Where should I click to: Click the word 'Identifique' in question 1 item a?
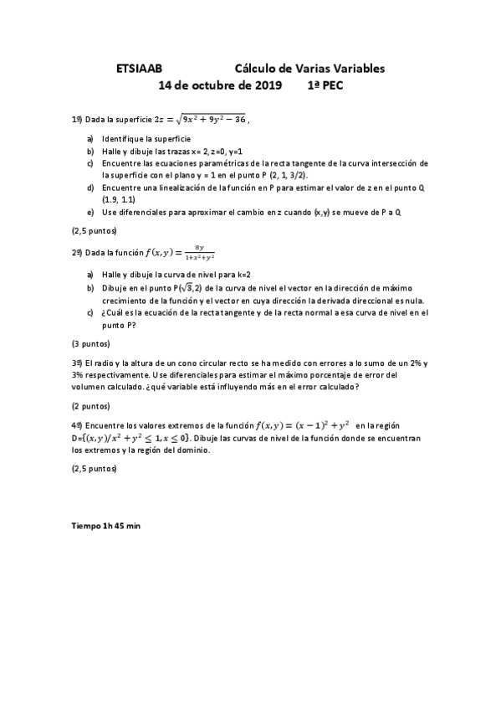coord(124,138)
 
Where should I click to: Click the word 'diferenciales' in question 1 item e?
coord(142,212)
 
